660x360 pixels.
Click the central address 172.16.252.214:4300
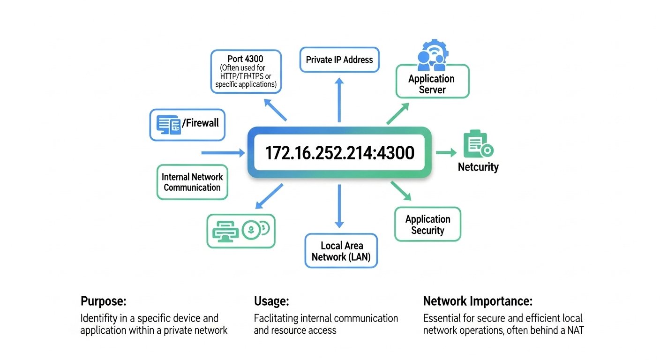click(339, 153)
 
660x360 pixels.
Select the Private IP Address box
click(339, 60)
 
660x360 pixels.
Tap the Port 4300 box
click(246, 71)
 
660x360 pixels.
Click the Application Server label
click(432, 84)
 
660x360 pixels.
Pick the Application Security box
click(427, 225)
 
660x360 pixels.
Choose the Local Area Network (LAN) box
click(341, 251)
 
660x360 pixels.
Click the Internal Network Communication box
click(192, 182)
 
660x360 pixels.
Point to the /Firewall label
click(201, 123)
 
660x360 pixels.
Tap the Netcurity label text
click(478, 167)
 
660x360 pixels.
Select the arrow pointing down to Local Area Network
click(339, 206)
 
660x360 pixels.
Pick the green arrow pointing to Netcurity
click(446, 152)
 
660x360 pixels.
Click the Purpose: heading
click(104, 301)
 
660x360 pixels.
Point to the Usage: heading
click(271, 301)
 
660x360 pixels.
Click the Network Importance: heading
click(478, 301)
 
